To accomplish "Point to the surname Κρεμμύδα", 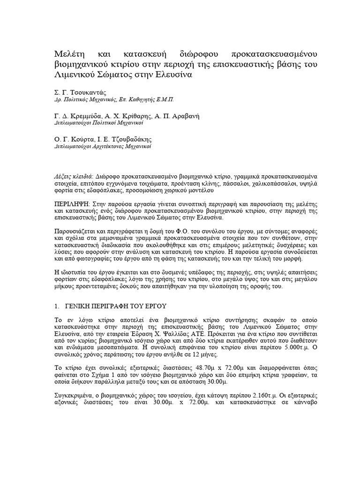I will click(x=88, y=115).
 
